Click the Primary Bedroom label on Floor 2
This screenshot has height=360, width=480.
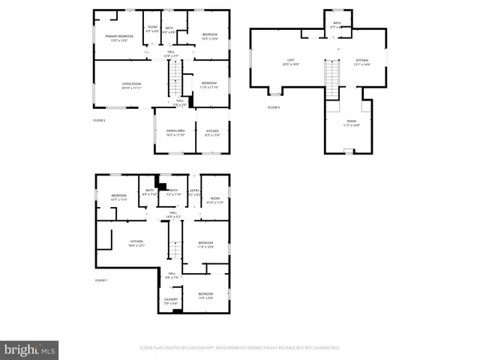118,36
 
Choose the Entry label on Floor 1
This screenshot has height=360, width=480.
194,190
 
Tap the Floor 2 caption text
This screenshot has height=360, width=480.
99,120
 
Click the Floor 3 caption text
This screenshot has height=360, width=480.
273,107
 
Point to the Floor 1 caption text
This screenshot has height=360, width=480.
101,280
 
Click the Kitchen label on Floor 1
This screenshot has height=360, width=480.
136,241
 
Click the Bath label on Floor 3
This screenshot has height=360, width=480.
337,22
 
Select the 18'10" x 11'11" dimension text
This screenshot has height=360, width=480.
132,88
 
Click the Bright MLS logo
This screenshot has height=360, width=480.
30,349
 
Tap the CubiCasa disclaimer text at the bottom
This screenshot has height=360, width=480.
239,347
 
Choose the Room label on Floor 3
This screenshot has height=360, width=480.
352,121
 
